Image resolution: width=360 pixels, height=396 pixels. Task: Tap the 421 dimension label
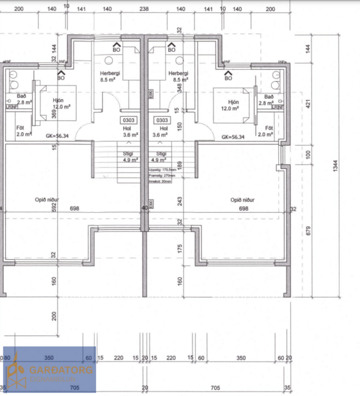click(326, 103)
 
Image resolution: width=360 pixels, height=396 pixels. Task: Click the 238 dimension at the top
click(144, 10)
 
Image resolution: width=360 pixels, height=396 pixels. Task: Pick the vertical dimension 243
click(180, 201)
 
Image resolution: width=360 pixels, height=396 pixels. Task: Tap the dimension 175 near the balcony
click(180, 249)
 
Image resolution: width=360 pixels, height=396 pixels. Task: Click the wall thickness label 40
click(145, 208)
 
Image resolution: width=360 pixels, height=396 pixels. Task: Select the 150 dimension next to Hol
click(180, 125)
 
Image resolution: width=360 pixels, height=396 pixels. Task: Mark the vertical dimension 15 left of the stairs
click(54, 148)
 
